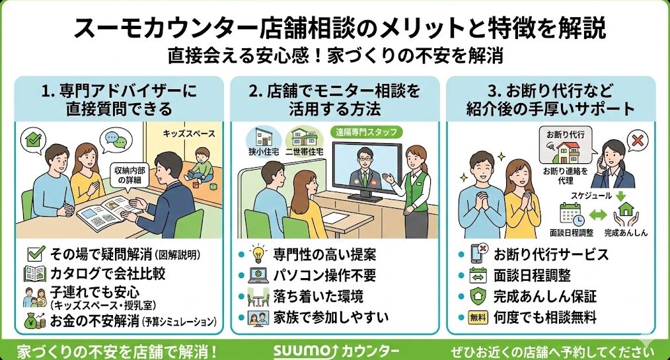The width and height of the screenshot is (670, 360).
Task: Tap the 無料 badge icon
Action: point(477,318)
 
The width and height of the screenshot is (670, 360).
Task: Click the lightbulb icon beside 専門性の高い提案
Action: point(256,254)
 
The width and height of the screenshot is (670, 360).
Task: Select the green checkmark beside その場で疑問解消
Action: point(36,253)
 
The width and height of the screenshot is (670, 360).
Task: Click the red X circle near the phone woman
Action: point(638,141)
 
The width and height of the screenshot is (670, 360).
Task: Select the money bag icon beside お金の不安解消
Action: point(34,321)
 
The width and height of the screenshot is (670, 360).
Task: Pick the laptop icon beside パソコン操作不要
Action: point(256,275)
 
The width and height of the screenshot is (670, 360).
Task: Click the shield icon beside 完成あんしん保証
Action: point(477,297)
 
